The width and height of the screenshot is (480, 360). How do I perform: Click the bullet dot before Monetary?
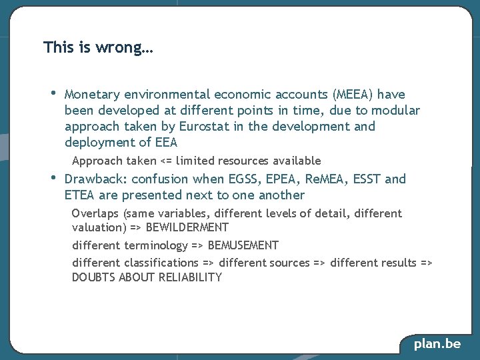click(x=53, y=93)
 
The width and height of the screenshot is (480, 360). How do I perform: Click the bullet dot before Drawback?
click(x=53, y=178)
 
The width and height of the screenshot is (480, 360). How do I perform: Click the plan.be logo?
click(x=437, y=344)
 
